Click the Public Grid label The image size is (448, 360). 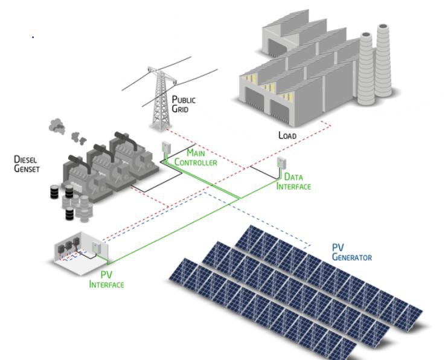click(x=184, y=104)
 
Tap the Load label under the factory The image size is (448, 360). click(x=287, y=135)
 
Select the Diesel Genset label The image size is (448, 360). click(x=26, y=164)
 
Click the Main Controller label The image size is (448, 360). click(x=196, y=158)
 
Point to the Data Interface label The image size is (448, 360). click(x=293, y=182)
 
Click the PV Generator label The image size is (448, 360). click(x=351, y=252)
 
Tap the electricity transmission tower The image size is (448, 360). click(x=160, y=100)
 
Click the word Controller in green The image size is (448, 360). click(x=196, y=162)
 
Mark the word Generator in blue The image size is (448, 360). click(x=351, y=257)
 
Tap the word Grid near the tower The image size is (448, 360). click(x=181, y=109)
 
